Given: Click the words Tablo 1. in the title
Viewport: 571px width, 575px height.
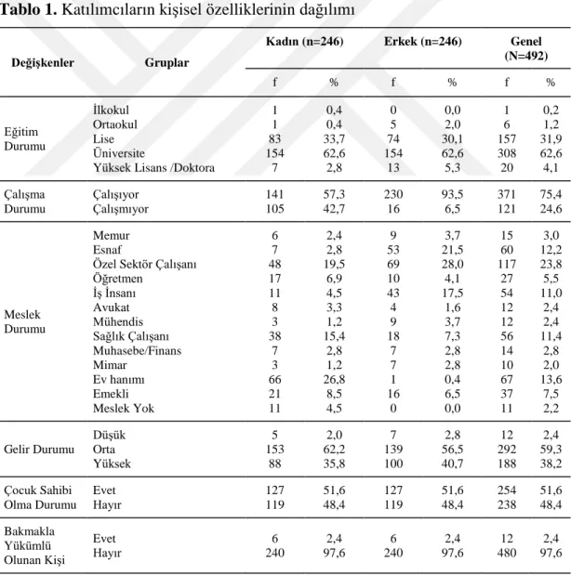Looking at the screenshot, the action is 29,10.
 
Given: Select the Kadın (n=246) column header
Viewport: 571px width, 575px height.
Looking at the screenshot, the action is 304,42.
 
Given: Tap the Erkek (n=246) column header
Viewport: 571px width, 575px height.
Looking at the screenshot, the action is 422,42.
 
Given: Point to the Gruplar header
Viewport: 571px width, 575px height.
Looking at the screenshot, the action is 166,63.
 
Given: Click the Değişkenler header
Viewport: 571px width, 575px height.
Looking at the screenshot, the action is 43,63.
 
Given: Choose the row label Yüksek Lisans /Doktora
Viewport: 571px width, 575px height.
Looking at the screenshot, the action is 153,167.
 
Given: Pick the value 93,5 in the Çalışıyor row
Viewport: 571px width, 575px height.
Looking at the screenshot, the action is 452,194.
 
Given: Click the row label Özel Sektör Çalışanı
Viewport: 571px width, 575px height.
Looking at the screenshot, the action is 145,264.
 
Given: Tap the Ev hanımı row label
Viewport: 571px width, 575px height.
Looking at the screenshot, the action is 119,379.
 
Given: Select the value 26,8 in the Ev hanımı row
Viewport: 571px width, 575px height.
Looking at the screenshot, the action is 334,379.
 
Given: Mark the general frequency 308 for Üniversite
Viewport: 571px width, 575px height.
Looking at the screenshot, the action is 507,153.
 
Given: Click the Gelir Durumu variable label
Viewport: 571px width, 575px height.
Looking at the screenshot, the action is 39,450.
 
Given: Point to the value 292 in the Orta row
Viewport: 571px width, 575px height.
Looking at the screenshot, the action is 507,450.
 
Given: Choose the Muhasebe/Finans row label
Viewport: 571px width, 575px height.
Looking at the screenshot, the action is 137,350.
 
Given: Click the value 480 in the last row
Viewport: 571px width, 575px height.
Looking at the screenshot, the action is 507,553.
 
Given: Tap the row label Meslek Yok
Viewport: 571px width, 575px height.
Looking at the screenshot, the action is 124,408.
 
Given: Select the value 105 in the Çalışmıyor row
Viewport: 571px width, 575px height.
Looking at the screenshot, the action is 274,209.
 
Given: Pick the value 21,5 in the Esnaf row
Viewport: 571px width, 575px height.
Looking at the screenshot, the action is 452,250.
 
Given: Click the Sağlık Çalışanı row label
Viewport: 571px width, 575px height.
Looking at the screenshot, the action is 131,336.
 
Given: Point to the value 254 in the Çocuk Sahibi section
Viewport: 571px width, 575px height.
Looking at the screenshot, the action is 507,490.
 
